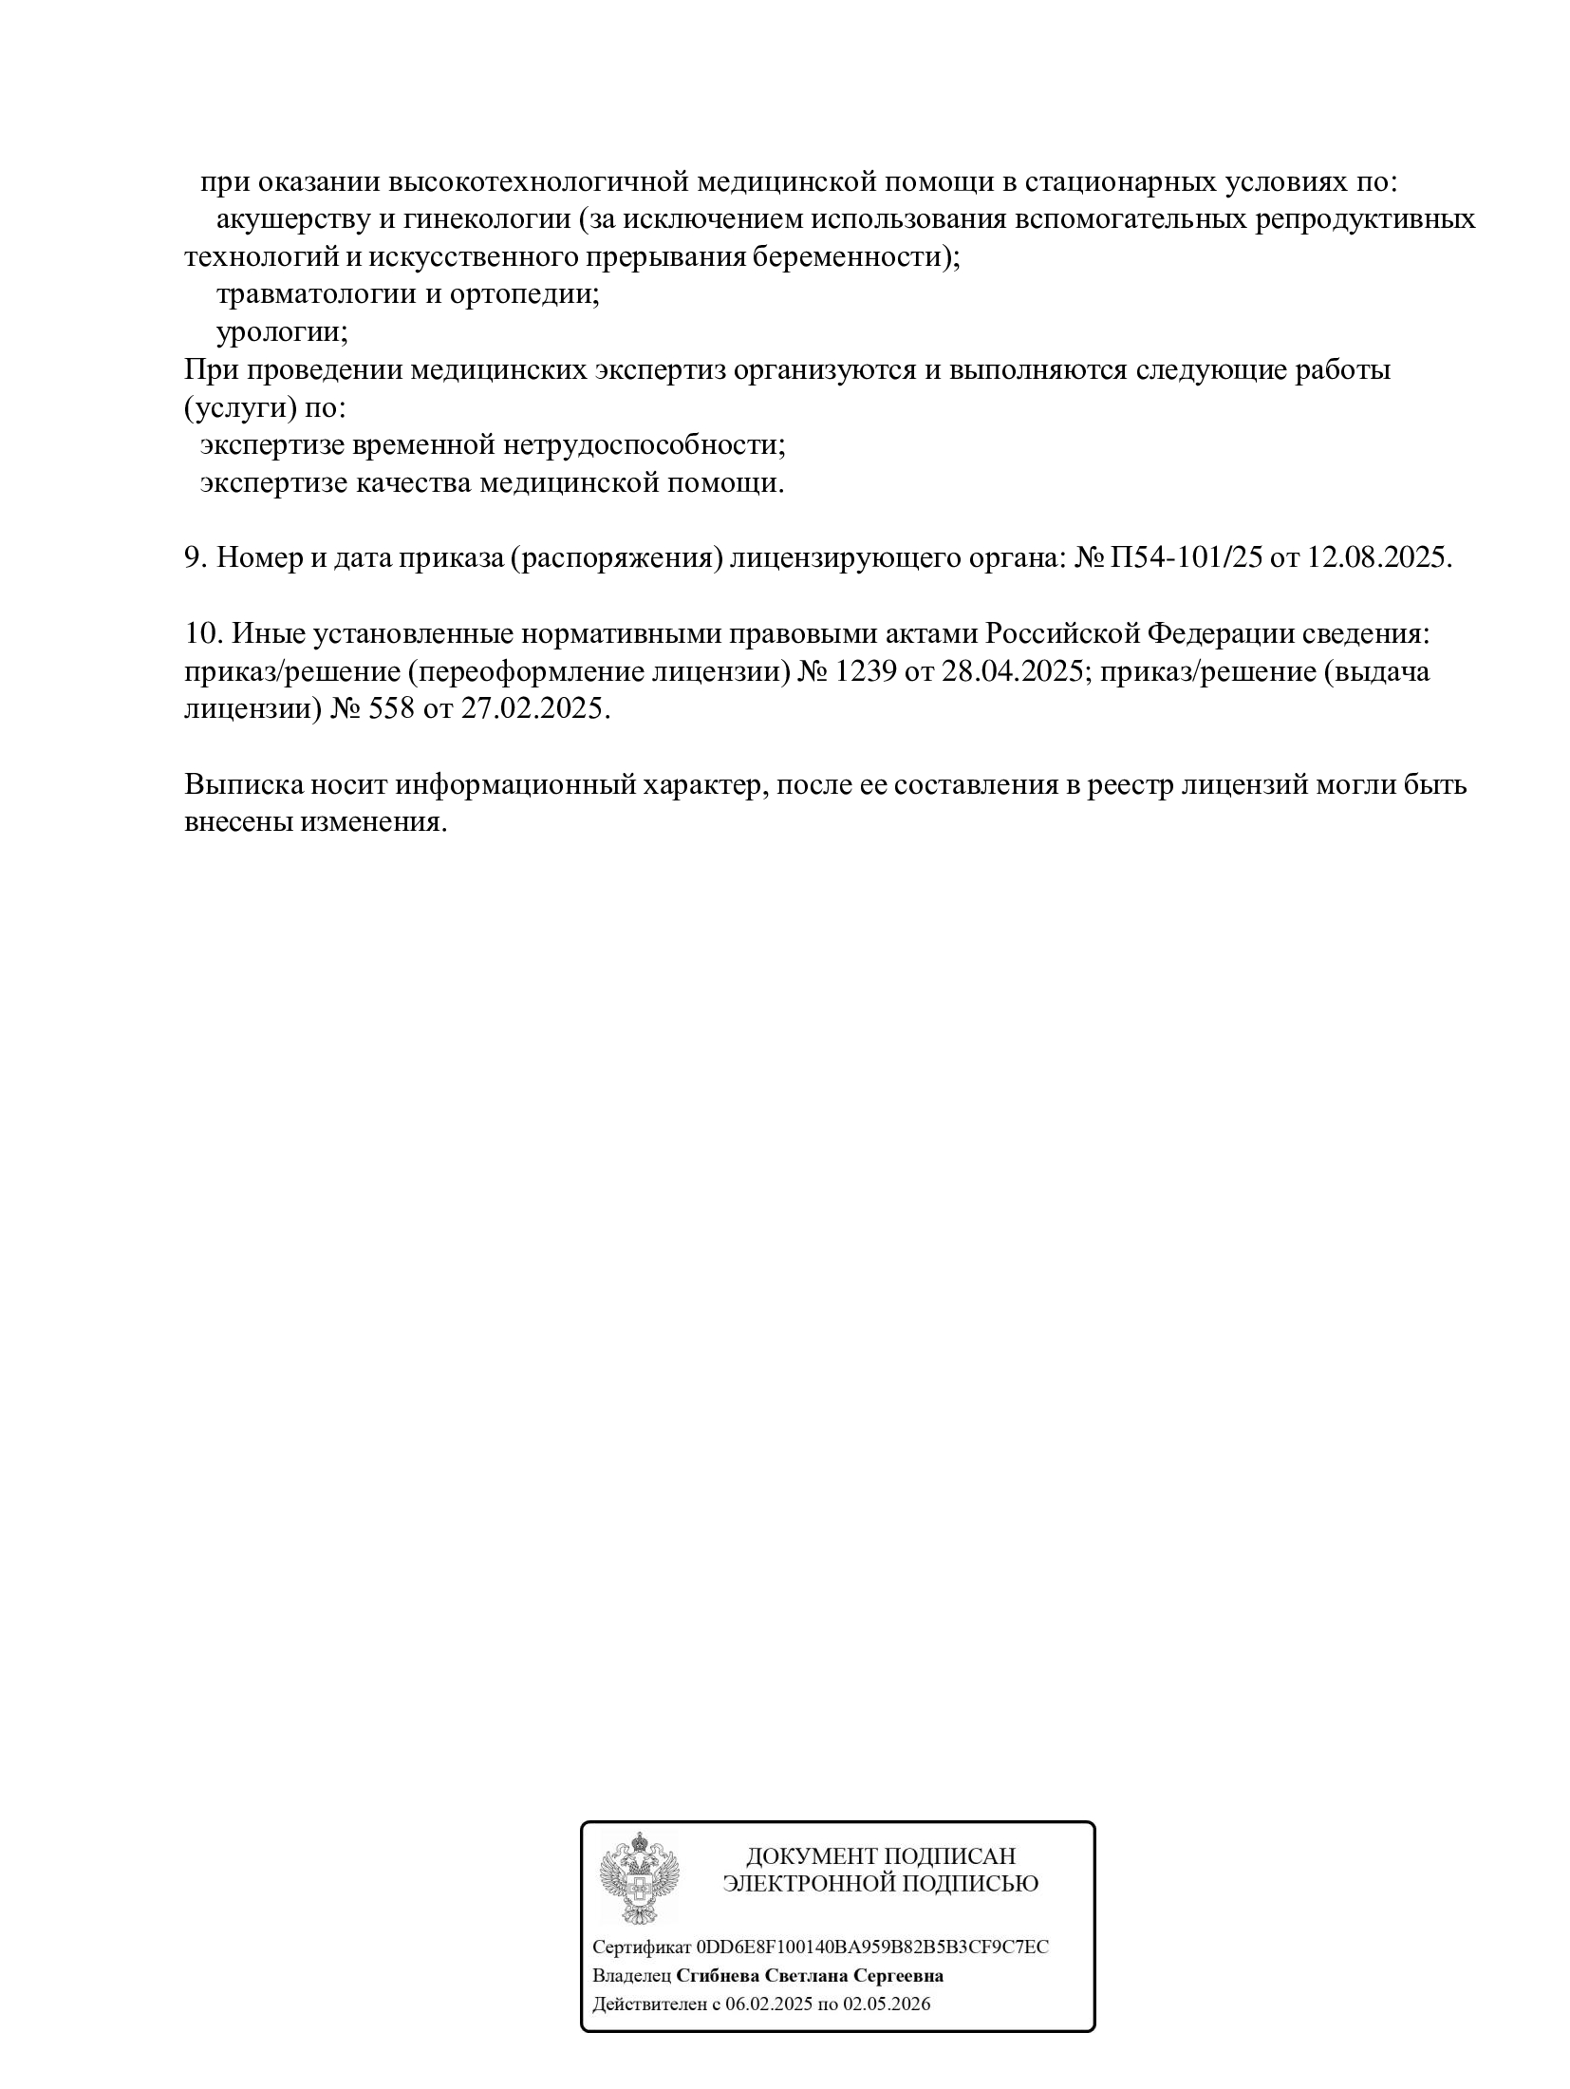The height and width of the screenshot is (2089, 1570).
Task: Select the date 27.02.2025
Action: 533,708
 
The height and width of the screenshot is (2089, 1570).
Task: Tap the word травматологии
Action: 311,294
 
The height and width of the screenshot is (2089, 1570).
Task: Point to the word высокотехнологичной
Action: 537,181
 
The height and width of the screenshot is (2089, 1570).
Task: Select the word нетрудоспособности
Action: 644,445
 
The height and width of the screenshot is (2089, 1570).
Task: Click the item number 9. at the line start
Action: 196,557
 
